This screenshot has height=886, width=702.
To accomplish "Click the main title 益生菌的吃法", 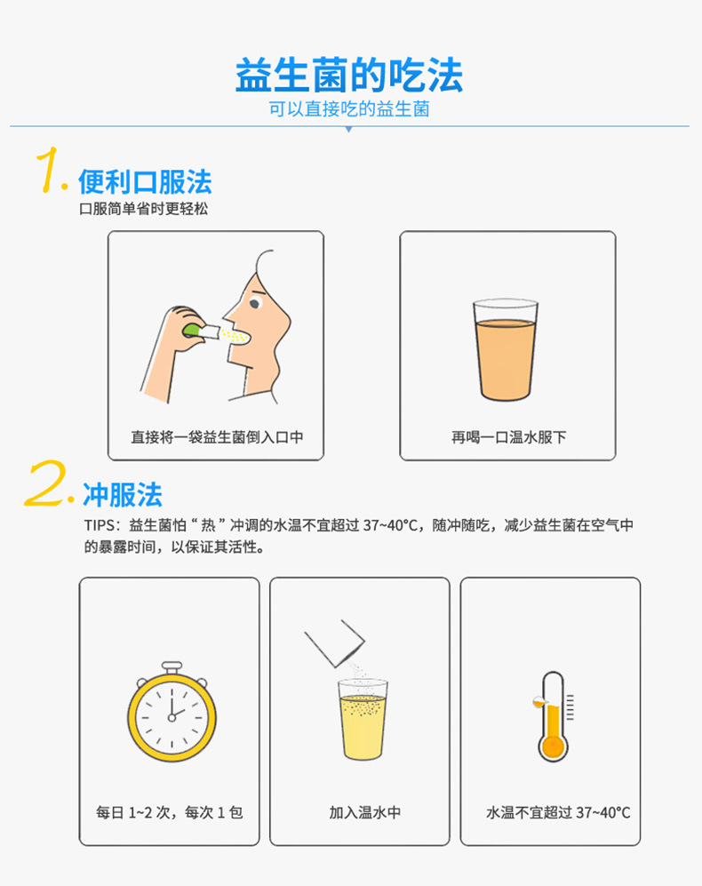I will tap(349, 76).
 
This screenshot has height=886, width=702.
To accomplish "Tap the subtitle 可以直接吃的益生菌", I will tap(349, 110).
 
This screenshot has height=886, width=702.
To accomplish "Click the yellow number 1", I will tap(50, 171).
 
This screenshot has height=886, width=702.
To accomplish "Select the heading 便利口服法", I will tap(145, 182).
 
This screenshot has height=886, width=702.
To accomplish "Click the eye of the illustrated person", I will tap(254, 303).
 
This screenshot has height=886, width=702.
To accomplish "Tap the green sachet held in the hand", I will tap(192, 329).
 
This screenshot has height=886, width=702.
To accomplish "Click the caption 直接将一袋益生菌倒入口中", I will tap(216, 437).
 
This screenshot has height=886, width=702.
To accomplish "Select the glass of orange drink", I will tap(506, 350).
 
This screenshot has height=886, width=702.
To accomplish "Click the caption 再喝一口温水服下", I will tap(507, 437).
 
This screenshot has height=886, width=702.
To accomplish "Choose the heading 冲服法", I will tap(123, 494).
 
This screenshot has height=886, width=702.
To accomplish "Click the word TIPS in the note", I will tap(100, 525).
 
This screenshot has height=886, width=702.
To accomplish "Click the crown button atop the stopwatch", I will tap(172, 666).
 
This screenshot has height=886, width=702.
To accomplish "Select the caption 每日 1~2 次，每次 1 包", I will tap(169, 812).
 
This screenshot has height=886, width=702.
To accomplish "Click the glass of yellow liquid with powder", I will tap(363, 721).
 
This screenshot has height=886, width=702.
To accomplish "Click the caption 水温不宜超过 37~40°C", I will tap(558, 812).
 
